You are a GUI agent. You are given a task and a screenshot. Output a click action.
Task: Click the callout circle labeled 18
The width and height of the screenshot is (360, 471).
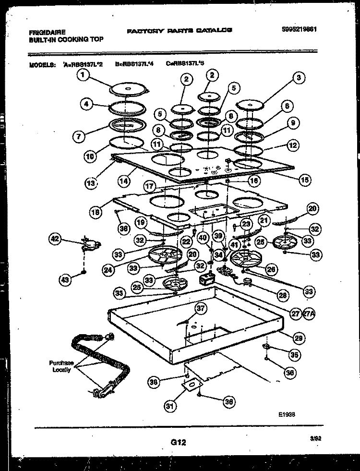(x=96, y=210)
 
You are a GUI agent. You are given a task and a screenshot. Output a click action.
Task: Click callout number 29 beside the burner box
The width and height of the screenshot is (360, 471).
(x=299, y=338)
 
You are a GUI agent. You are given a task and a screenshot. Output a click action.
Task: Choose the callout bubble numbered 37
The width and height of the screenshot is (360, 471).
(x=201, y=309)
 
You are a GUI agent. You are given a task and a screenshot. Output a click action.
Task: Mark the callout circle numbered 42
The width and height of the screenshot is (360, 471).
(x=57, y=239)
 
